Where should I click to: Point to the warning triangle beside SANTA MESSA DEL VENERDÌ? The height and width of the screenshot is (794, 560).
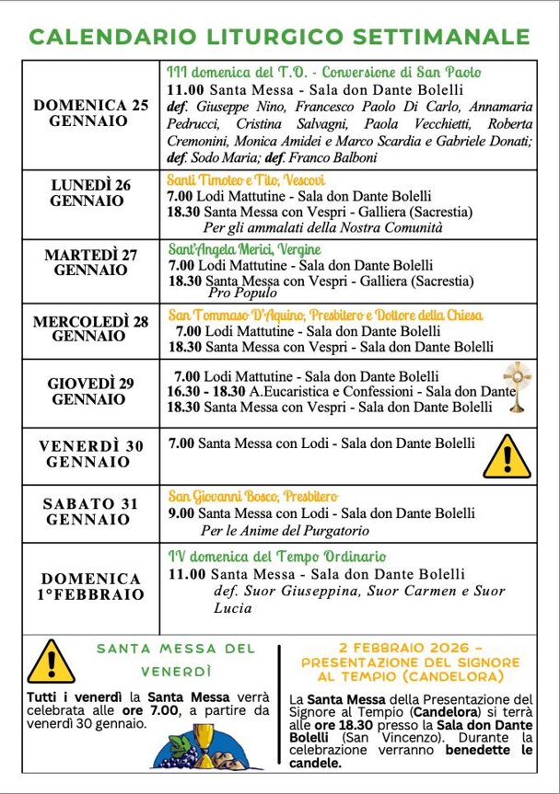point(51,662)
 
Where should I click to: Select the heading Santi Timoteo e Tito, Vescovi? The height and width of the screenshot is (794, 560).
point(239,180)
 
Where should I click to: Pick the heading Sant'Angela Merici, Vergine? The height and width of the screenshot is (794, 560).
point(244,249)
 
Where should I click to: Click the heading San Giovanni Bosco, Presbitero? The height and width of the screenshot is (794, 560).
point(252,497)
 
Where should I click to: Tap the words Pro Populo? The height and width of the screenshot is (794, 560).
point(242,293)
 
